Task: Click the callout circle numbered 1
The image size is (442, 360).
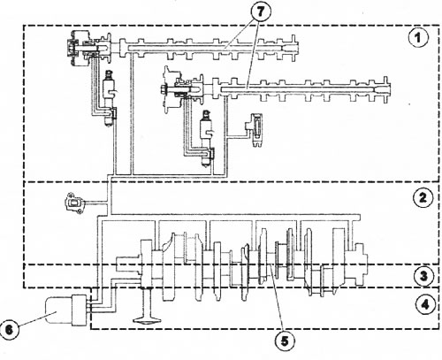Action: (x=418, y=38)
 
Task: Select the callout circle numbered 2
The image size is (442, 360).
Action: (x=423, y=197)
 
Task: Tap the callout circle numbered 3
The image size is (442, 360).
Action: (x=423, y=276)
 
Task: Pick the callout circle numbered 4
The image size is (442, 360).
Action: (x=424, y=304)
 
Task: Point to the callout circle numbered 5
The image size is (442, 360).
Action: (x=285, y=341)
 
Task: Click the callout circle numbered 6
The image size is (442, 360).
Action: (x=10, y=329)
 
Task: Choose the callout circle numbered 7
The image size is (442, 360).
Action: (x=261, y=11)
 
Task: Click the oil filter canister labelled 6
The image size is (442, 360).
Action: (x=65, y=310)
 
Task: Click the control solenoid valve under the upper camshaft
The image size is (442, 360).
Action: (x=109, y=98)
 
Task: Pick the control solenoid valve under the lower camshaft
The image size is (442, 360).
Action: (x=206, y=138)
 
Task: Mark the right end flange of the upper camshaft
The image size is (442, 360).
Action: (x=293, y=48)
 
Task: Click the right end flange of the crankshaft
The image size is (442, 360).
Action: (x=360, y=264)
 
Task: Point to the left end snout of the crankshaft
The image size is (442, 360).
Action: (x=128, y=264)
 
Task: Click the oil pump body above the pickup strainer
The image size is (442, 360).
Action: (x=147, y=264)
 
